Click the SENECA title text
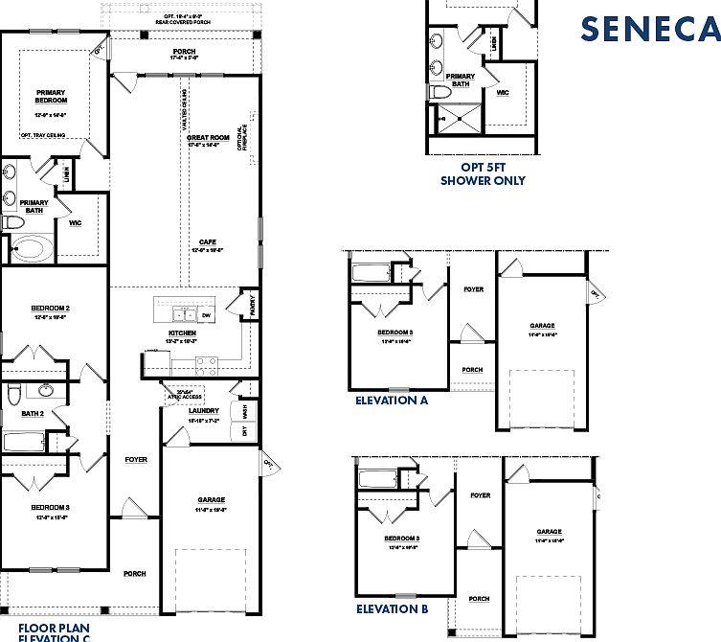tap(648, 29)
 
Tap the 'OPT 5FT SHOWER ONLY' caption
tap(483, 173)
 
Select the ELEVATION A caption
tap(391, 401)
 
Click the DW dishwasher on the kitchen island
tap(206, 314)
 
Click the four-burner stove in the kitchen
tap(207, 364)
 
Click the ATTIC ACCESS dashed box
tap(179, 394)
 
